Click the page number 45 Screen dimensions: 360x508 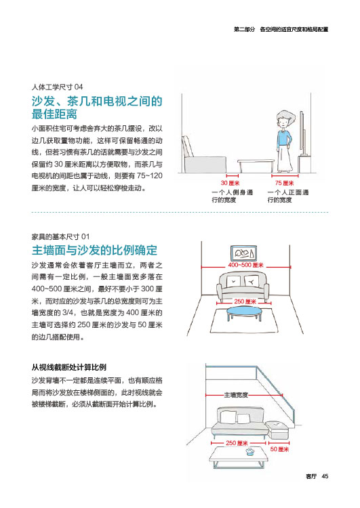point(325,476)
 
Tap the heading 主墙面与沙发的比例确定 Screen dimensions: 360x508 point(94,251)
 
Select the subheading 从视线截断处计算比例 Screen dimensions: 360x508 point(68,367)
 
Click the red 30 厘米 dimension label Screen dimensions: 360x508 point(231,183)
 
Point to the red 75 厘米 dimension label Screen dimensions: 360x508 point(285,183)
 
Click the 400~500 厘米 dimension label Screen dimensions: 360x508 point(245,265)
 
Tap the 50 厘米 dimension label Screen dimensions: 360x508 point(279,449)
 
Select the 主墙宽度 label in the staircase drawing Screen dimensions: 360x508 point(236,395)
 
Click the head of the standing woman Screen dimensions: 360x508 point(285,119)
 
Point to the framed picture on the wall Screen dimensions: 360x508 point(244,253)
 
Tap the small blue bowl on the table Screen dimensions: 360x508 point(249,452)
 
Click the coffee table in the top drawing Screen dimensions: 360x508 point(256,165)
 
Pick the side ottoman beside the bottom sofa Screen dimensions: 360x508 point(277,429)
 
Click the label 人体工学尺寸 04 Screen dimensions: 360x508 point(57,87)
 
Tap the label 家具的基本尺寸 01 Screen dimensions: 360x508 point(60,236)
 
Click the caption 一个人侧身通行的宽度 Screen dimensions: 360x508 point(233,196)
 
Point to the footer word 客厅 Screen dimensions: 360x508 point(311,476)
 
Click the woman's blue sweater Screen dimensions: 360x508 point(284,139)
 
